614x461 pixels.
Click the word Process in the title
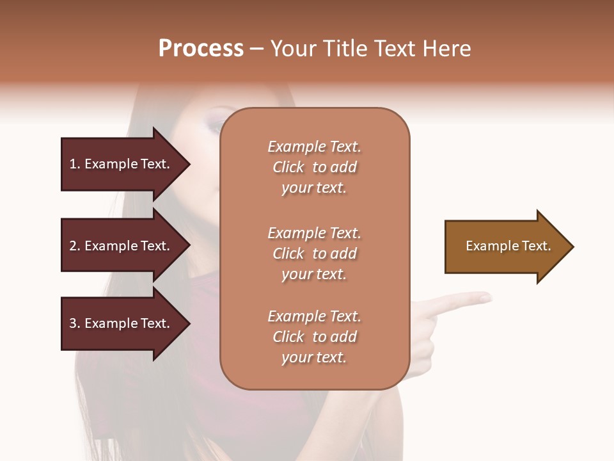(x=201, y=49)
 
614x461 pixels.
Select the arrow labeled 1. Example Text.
(x=122, y=164)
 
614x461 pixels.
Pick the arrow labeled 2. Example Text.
(x=122, y=246)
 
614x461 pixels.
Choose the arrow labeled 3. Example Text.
(x=122, y=323)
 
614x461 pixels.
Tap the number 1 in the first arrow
(x=73, y=164)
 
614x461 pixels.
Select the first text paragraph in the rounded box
(x=314, y=167)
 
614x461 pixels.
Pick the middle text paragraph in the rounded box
(x=314, y=254)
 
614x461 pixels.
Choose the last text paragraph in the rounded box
(x=314, y=337)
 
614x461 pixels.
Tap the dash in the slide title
(x=257, y=49)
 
